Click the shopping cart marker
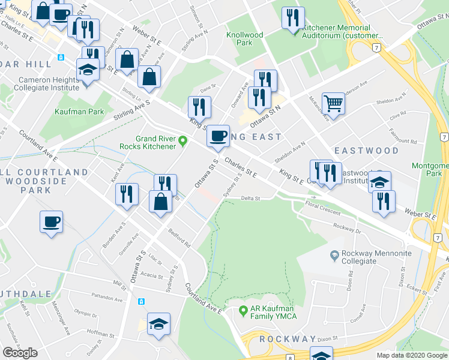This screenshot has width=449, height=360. click(333, 103)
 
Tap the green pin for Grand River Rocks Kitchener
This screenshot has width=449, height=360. click(184, 140)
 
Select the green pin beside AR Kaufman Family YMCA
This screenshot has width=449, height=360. click(243, 310)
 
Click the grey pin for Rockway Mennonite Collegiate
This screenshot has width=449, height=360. click(334, 254)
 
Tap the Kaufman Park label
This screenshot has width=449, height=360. click(79, 112)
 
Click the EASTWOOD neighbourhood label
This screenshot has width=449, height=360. click(366, 150)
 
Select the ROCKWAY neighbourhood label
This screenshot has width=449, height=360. click(288, 339)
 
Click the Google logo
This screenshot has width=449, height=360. click(20, 353)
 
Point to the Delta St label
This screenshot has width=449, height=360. click(250, 198)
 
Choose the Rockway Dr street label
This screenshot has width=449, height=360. click(349, 230)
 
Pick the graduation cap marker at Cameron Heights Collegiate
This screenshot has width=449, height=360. click(88, 70)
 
